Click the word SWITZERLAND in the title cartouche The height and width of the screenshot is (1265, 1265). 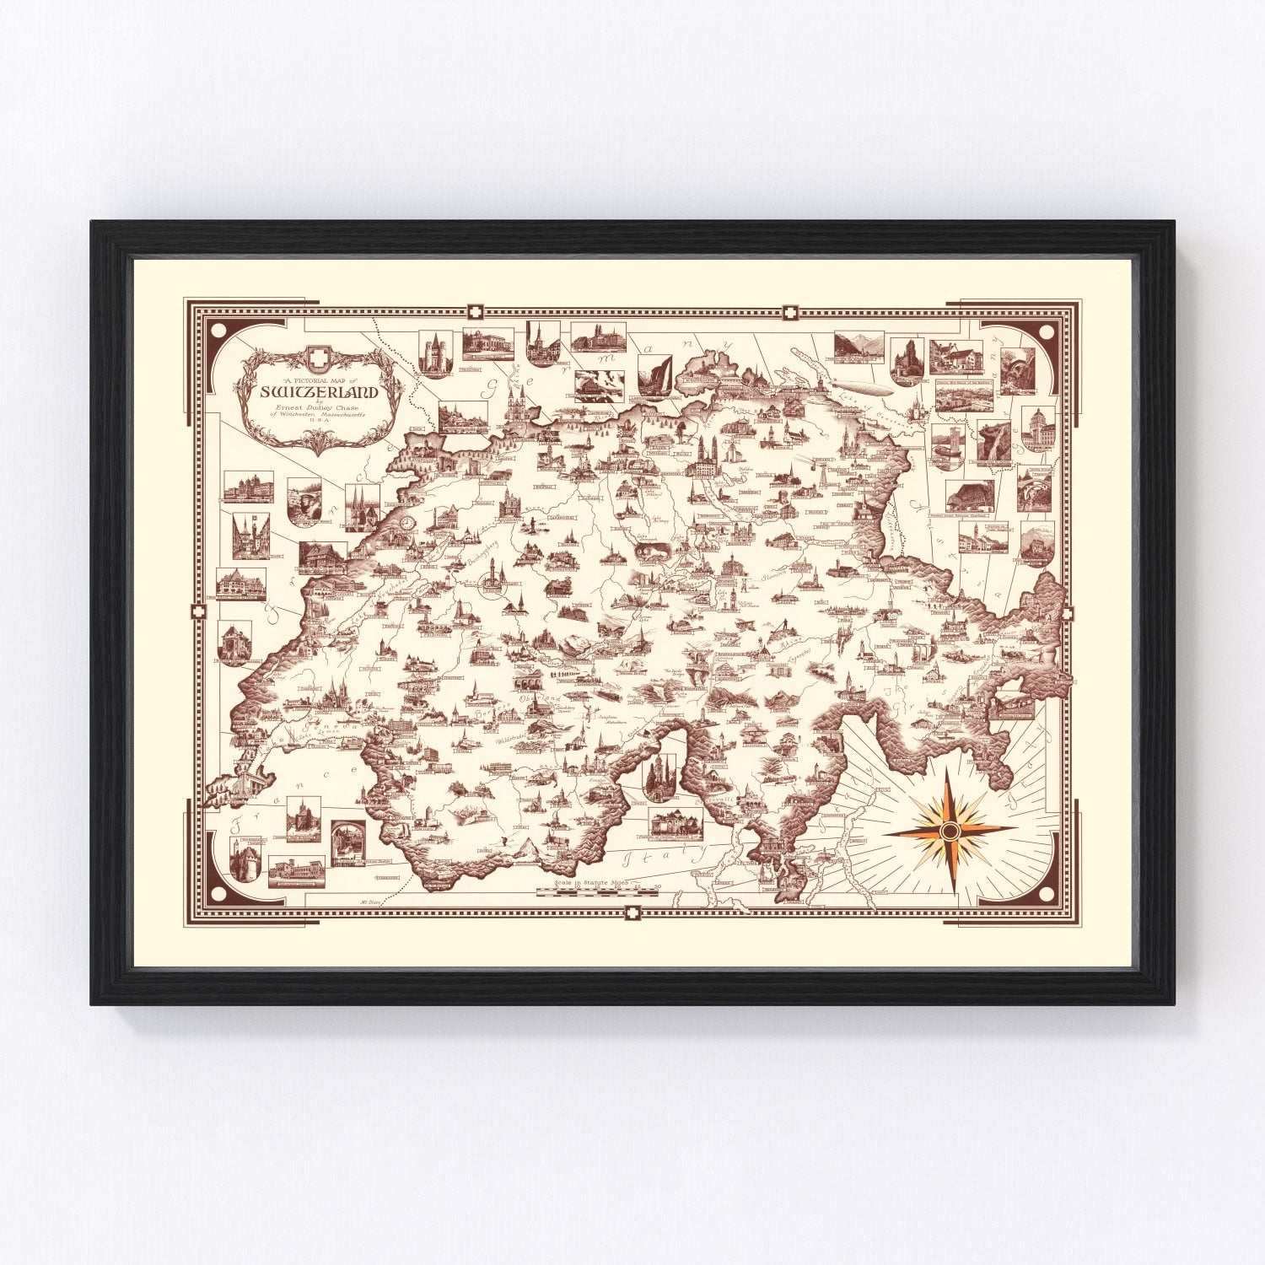coord(319,392)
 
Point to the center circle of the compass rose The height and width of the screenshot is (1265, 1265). coord(950,831)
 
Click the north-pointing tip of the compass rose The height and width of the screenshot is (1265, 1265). coord(950,769)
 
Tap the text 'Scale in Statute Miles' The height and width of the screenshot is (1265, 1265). coord(590,881)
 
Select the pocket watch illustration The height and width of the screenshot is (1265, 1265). coord(408,521)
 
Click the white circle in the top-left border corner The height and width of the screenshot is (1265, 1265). coord(220,330)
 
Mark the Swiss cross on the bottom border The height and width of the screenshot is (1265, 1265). coord(632,912)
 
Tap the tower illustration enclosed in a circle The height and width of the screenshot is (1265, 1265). coord(492,580)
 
